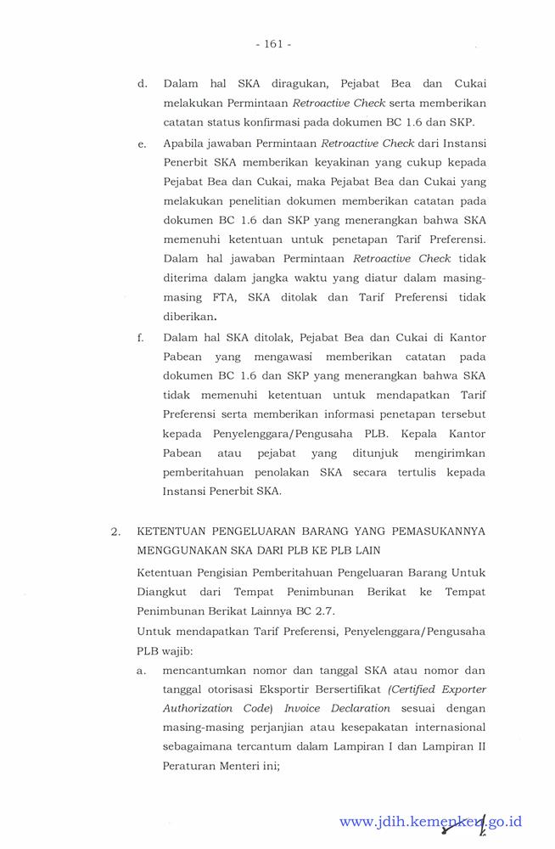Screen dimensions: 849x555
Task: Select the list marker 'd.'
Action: coord(143,84)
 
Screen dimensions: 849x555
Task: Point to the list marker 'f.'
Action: coord(140,337)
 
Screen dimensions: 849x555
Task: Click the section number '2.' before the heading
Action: coord(115,532)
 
